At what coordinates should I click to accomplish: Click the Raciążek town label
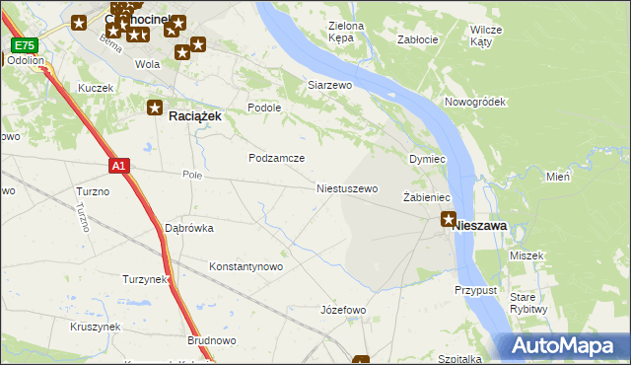(195, 115)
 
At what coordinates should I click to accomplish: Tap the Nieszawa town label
(480, 226)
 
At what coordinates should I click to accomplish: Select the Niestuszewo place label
(347, 187)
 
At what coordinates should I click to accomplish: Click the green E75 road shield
(25, 45)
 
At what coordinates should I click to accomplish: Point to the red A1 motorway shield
(118, 166)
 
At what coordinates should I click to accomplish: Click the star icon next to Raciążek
(155, 108)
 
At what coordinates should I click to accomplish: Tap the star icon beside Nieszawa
(450, 219)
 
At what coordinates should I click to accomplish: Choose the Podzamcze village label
(276, 158)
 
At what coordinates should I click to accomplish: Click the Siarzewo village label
(330, 86)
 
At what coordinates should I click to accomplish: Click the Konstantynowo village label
(246, 266)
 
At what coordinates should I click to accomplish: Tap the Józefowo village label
(343, 310)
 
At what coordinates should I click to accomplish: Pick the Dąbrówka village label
(188, 228)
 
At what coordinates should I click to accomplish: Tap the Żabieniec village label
(426, 197)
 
